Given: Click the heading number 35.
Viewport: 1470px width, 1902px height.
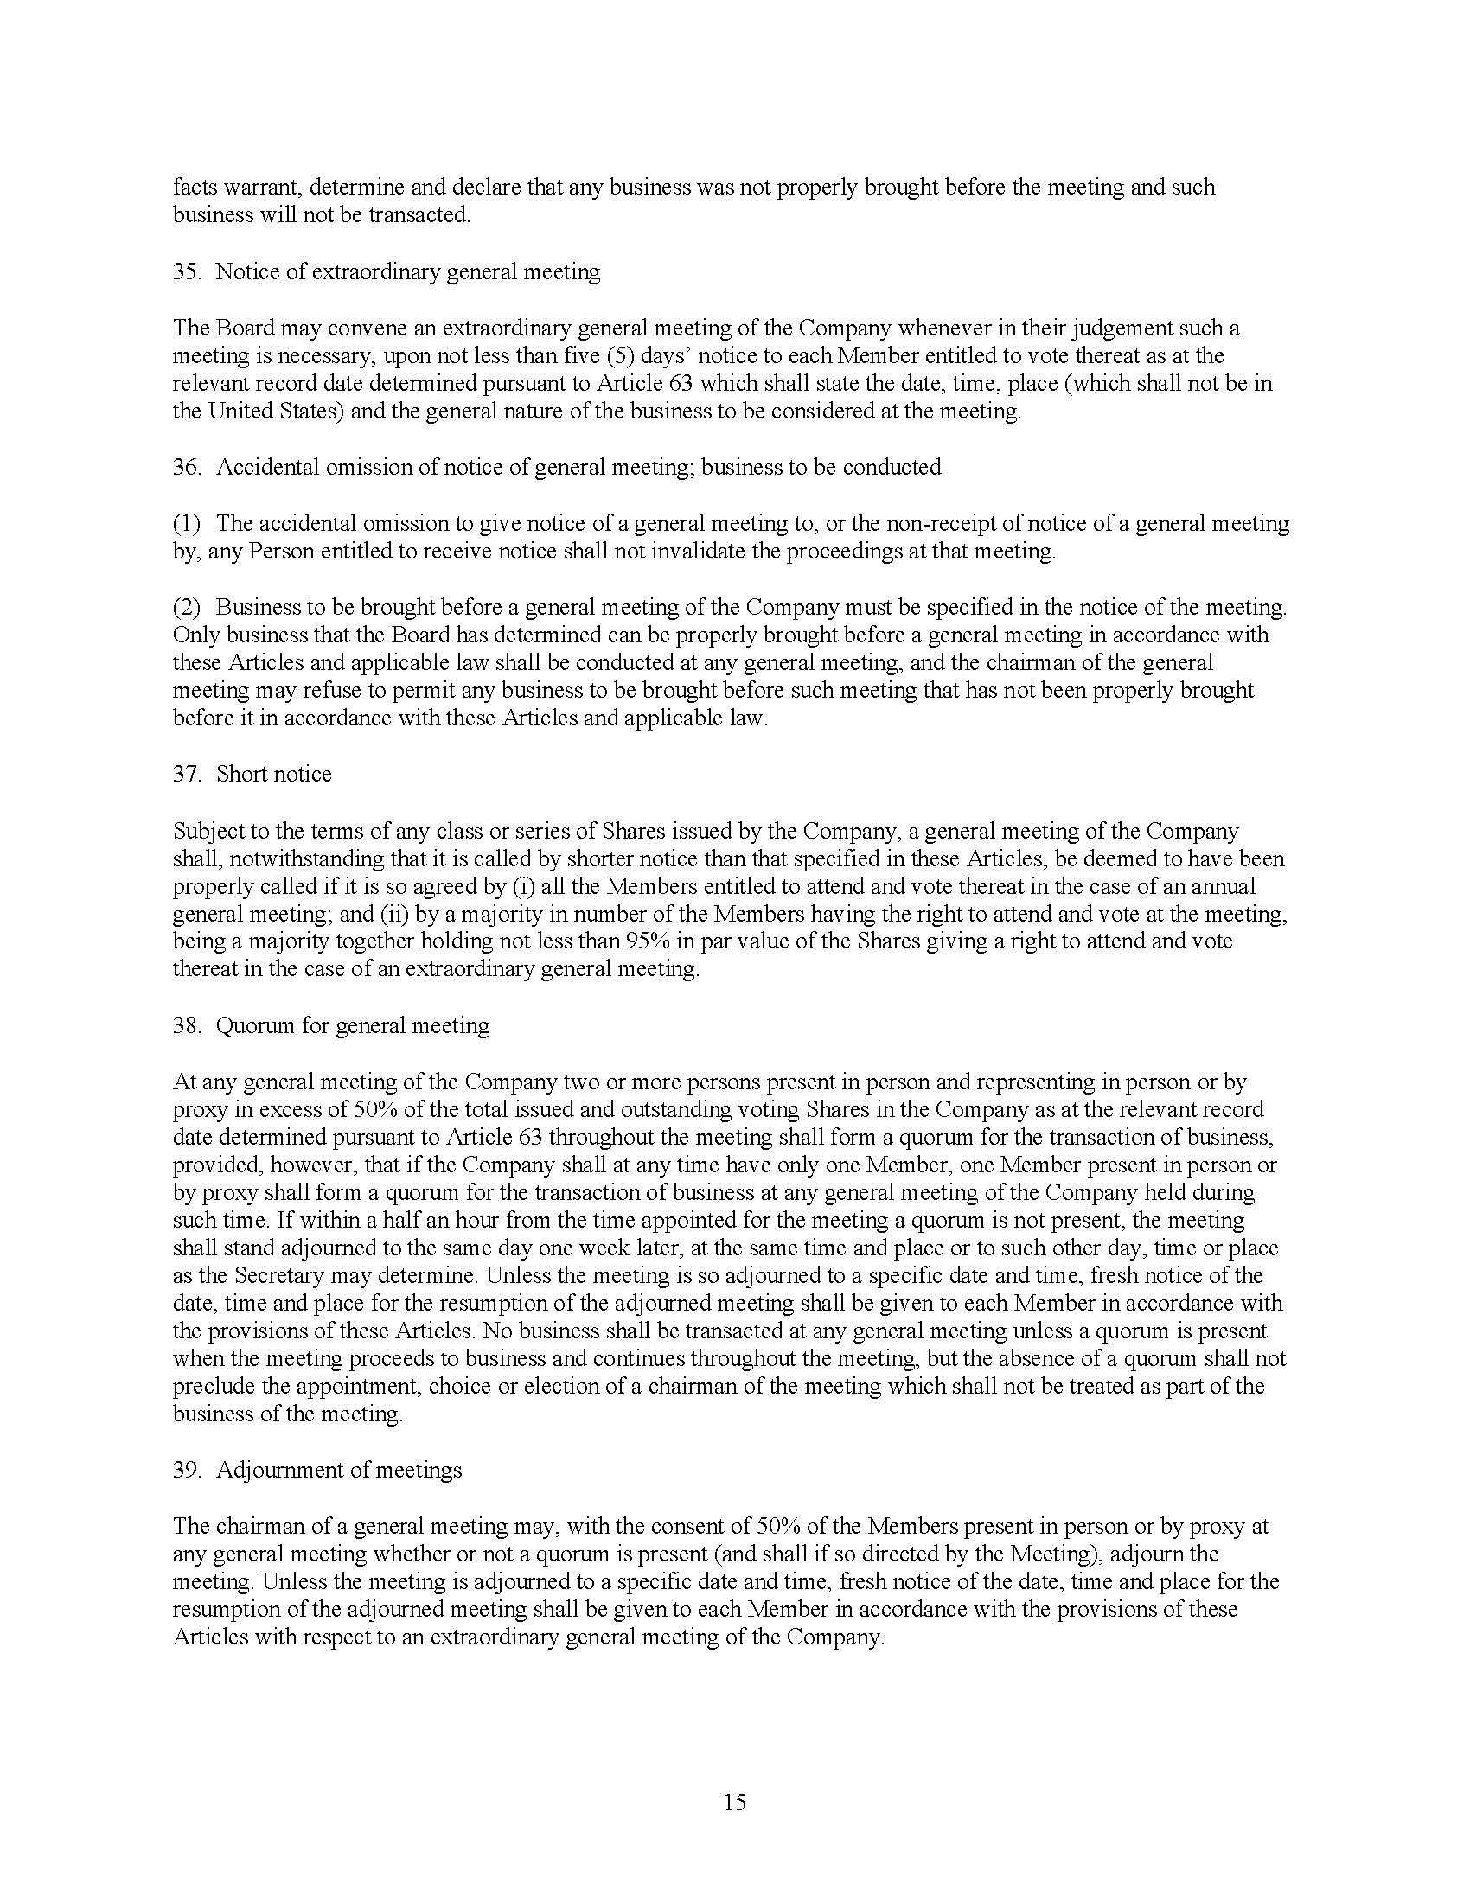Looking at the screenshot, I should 187,271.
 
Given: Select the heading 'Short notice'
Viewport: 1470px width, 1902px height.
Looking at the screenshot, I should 273,775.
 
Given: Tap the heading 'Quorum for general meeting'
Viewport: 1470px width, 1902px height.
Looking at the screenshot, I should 352,1026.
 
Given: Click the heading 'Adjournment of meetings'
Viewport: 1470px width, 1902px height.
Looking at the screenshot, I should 339,1470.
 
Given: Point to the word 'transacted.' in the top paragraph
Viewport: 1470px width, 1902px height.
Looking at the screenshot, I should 419,215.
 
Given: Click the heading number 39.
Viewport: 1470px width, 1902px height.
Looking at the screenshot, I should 187,1470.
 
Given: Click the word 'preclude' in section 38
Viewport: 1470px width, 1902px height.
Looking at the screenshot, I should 208,1387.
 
